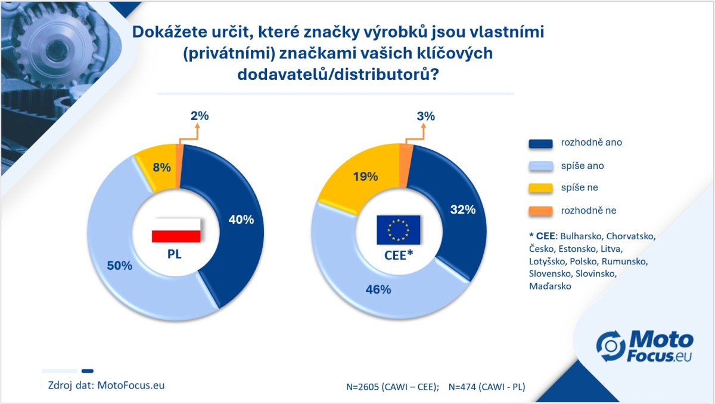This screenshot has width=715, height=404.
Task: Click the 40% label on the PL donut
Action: (x=241, y=220)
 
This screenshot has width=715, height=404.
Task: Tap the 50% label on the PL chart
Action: (x=120, y=266)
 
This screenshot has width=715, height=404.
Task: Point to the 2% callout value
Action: (x=200, y=116)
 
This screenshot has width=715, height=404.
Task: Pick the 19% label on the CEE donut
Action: (x=365, y=177)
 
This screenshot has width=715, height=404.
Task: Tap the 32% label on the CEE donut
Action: (x=463, y=209)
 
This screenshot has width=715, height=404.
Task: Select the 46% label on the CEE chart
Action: (x=378, y=289)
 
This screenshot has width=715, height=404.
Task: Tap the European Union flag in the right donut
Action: (x=399, y=230)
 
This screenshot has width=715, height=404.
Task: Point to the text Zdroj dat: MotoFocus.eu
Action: (x=106, y=385)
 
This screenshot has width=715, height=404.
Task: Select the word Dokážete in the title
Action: (x=169, y=31)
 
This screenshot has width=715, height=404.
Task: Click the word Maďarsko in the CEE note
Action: (x=550, y=286)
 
